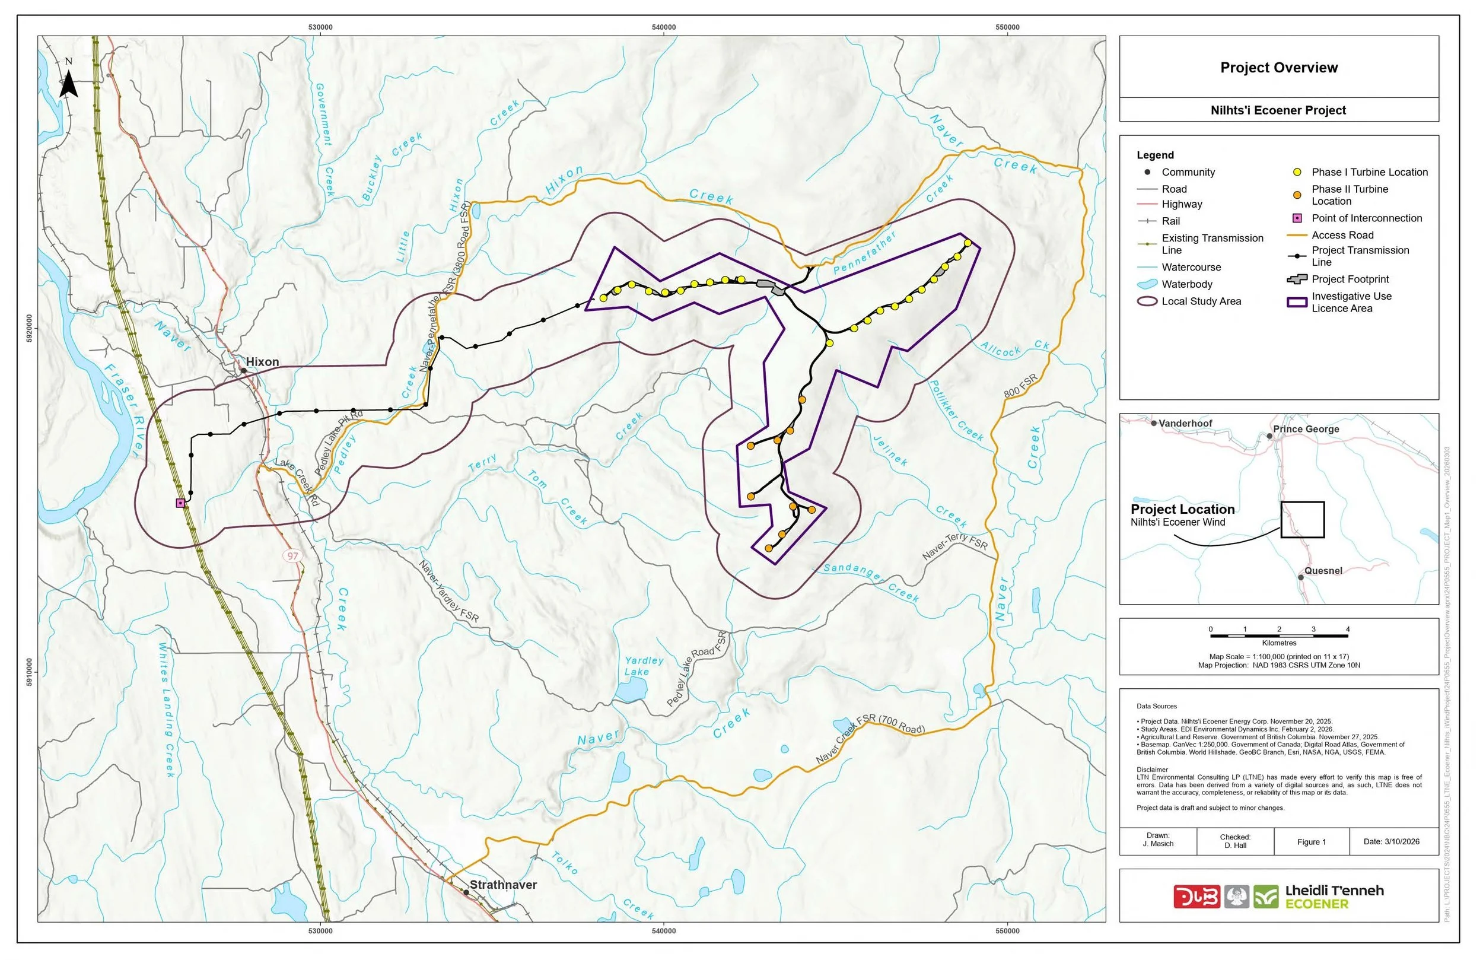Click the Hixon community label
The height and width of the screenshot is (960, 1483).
(x=262, y=362)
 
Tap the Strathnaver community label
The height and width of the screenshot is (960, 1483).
(x=503, y=885)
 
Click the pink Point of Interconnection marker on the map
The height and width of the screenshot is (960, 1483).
(x=181, y=504)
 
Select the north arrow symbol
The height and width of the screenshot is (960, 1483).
(x=69, y=81)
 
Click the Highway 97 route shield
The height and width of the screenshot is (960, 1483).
(x=293, y=556)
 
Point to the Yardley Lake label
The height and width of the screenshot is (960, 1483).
(x=643, y=666)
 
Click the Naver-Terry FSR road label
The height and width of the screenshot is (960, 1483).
(x=954, y=545)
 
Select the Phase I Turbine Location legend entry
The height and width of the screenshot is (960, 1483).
(x=1369, y=172)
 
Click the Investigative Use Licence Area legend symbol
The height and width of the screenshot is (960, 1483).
(x=1297, y=303)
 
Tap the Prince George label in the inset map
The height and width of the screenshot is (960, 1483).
(x=1306, y=430)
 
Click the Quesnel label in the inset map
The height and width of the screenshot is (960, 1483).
(x=1323, y=571)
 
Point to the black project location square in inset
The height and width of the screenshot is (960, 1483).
(x=1302, y=520)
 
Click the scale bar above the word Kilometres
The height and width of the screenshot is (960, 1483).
(x=1278, y=636)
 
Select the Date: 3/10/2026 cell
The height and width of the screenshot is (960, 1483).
(x=1391, y=842)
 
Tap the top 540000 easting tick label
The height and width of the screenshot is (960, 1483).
(x=664, y=27)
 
